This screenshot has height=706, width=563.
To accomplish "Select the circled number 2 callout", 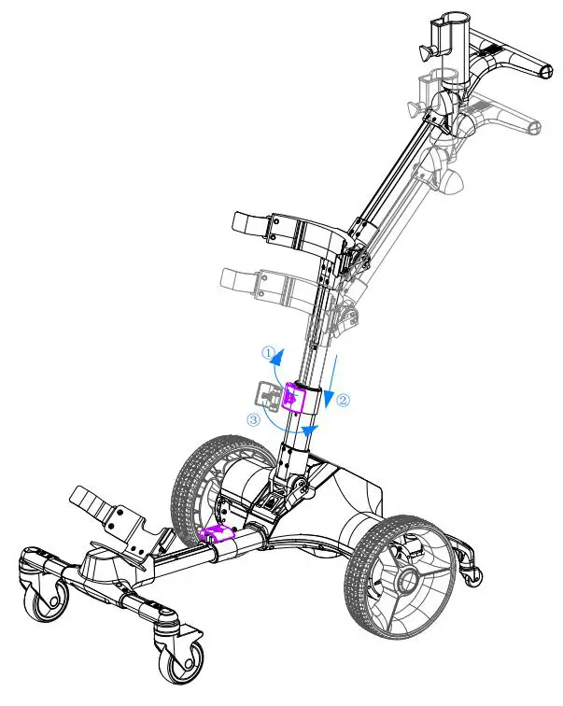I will click(x=343, y=400).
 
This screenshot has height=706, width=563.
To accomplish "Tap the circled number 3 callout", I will click(x=253, y=420).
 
